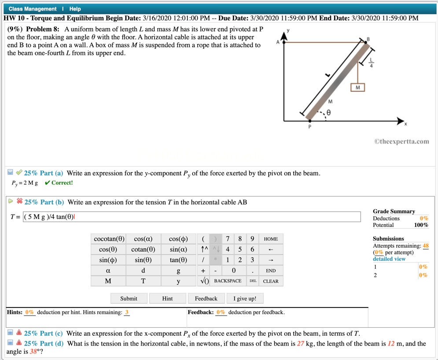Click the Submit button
129,298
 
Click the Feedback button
206,298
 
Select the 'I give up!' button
245,298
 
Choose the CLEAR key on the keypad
271,281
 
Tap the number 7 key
228,239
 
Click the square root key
203,281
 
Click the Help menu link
75,9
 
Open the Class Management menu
33,9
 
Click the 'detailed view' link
389,259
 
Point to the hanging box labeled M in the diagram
357,88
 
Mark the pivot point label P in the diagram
309,127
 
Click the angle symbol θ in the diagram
328,113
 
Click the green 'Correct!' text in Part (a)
62,183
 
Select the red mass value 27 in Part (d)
301,344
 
